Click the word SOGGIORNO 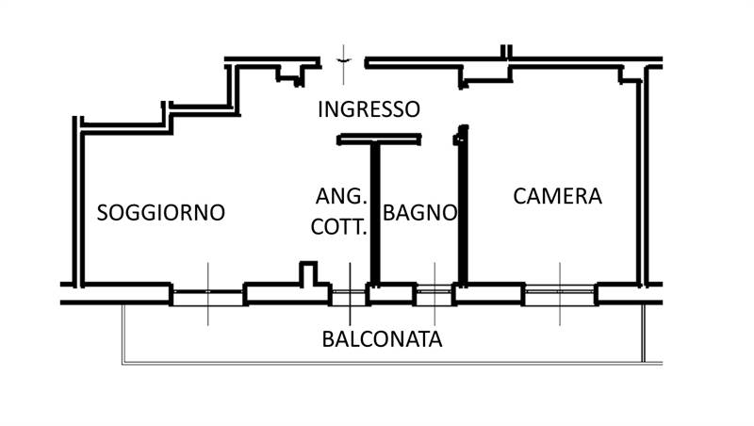click(161, 212)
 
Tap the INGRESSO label click(369, 108)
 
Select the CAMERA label click(557, 196)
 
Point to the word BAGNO click(420, 212)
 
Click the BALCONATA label click(382, 338)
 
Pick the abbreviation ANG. click(339, 196)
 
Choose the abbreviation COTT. click(339, 226)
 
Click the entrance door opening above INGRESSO click(346, 62)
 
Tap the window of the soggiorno click(208, 294)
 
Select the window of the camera click(560, 294)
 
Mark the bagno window click(434, 294)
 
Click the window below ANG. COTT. click(349, 294)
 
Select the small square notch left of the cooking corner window click(306, 272)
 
